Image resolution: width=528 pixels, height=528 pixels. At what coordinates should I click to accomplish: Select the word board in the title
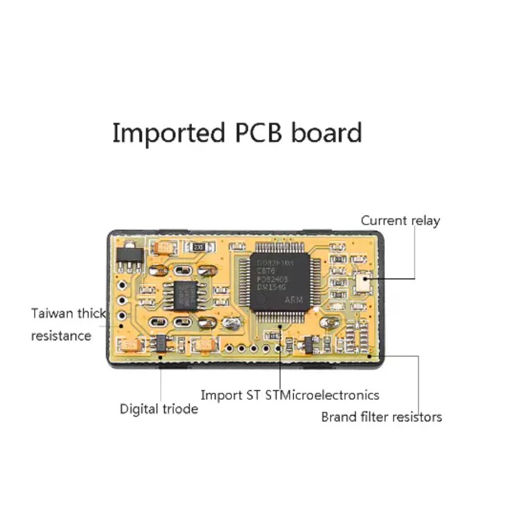pos(326,132)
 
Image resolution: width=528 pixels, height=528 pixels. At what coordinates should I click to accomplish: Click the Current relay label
pos(400,220)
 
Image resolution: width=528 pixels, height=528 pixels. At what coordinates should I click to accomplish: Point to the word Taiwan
pos(52,313)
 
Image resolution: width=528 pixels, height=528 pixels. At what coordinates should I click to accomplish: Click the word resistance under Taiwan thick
pos(61,335)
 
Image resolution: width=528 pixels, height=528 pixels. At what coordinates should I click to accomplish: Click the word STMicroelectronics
pos(322,395)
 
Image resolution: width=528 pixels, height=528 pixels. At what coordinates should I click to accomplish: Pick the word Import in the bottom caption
pos(220,395)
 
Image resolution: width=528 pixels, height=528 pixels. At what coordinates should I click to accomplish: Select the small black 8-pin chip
pos(185,295)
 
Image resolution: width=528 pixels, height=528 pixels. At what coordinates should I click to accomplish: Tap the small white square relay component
pos(362,280)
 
